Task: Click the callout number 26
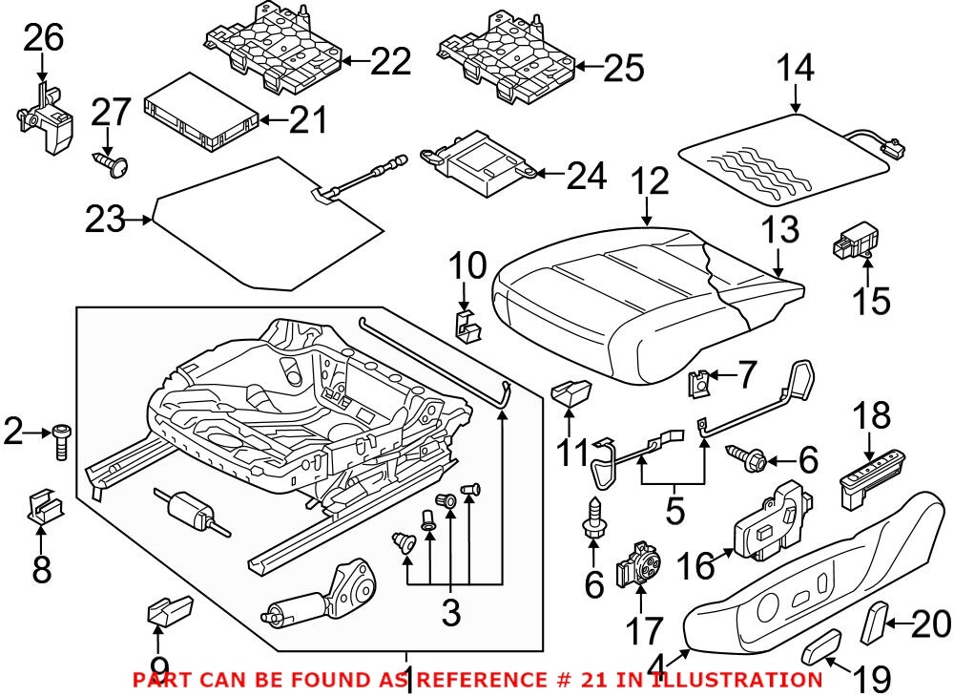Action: tap(44, 38)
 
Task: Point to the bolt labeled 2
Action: tap(63, 439)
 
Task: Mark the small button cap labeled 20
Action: tap(873, 623)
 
